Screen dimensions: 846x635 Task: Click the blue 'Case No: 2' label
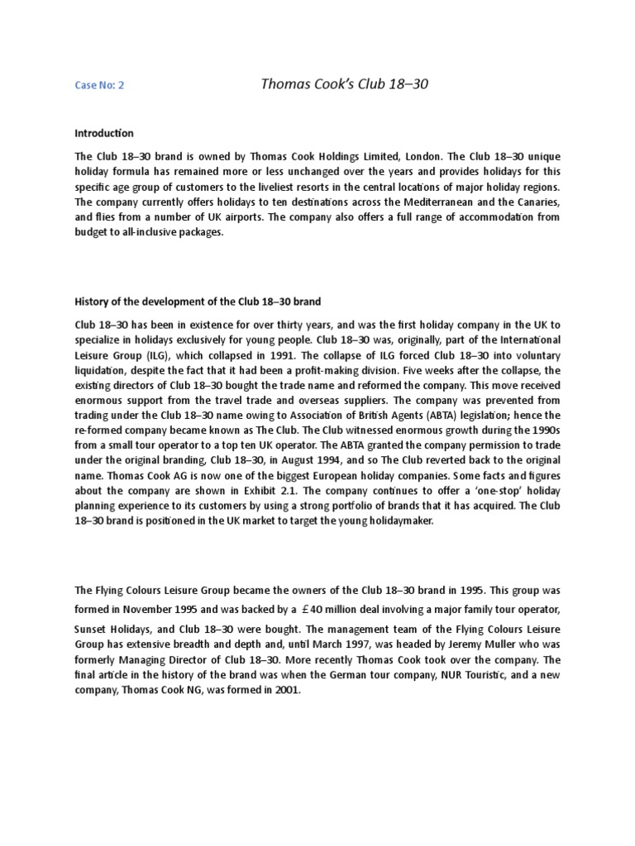[x=99, y=84]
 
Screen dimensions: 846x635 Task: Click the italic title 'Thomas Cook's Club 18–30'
[x=345, y=83]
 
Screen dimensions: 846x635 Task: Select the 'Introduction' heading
[x=104, y=132]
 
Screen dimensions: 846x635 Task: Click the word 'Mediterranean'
[x=422, y=202]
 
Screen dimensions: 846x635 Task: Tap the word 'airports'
[x=242, y=217]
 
